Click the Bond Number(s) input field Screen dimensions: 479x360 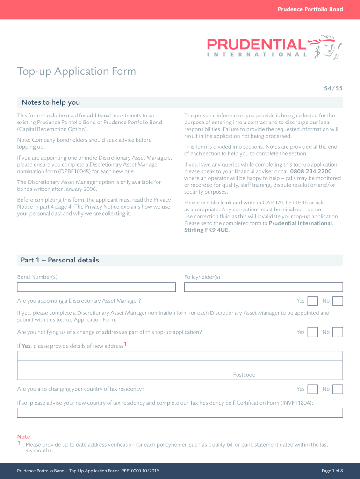96,287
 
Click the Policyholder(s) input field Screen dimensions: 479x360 263,287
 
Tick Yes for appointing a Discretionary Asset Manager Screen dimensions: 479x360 313,301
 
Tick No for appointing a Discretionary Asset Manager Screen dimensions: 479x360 338,301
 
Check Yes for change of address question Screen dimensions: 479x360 313,332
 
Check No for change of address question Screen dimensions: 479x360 338,332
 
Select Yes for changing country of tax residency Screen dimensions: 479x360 313,389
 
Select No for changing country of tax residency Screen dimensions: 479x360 338,389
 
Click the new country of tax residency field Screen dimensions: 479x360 180,413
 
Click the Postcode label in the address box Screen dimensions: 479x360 244,375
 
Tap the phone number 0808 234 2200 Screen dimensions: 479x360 310,171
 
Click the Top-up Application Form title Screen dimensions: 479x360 77,72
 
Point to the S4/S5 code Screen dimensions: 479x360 333,87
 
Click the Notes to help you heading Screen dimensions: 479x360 51,102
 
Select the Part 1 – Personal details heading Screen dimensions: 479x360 60,260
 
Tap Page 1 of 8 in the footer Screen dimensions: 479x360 332,471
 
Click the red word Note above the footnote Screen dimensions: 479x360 23,437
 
